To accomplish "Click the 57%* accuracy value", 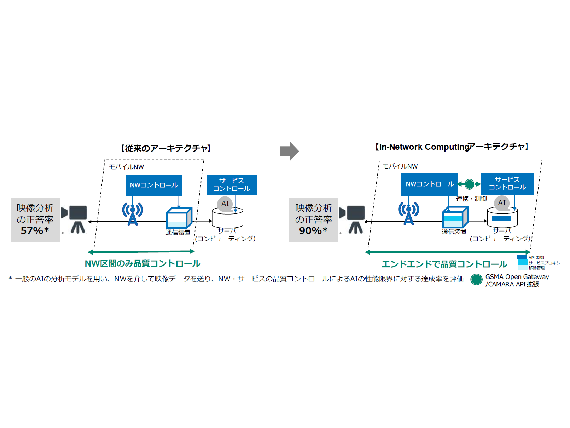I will point(35,231).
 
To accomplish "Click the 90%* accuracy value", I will point(313,231).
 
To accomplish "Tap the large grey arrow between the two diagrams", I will point(289,151).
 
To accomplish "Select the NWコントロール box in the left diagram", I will point(154,185).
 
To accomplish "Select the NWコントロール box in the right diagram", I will point(430,184).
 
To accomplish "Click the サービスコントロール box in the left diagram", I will point(232,185).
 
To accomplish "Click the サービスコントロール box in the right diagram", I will point(507,183).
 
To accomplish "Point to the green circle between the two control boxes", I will point(469,184).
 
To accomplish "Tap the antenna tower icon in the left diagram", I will point(133,214).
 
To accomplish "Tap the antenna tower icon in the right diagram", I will point(409,214).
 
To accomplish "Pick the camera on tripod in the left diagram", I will point(76,219).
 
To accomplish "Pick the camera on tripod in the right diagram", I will point(354,219).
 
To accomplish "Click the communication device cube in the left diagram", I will point(179,218).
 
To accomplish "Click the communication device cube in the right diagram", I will point(455,217).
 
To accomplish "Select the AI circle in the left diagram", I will point(225,204).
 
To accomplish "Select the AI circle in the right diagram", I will point(502,203).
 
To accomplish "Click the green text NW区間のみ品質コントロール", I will point(142,264).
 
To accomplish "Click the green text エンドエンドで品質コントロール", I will point(444,264).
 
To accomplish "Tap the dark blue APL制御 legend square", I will point(522,257).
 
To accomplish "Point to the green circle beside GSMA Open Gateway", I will point(477,280).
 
